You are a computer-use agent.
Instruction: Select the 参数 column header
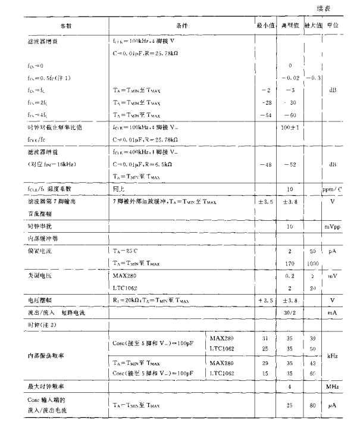[65, 27]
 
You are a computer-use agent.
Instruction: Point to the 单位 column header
[333, 27]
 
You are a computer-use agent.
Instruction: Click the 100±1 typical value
[290, 128]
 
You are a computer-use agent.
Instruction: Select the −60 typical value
[290, 115]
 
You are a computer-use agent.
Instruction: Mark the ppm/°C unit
[333, 189]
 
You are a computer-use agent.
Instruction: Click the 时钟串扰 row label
[26, 227]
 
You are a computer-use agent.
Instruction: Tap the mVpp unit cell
[333, 227]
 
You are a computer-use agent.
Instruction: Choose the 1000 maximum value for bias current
[312, 262]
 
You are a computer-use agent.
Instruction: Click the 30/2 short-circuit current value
[290, 312]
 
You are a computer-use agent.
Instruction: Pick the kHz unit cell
[333, 356]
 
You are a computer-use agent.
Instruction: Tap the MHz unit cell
[333, 386]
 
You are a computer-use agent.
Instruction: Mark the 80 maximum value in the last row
[312, 406]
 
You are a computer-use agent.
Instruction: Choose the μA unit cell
[333, 406]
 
